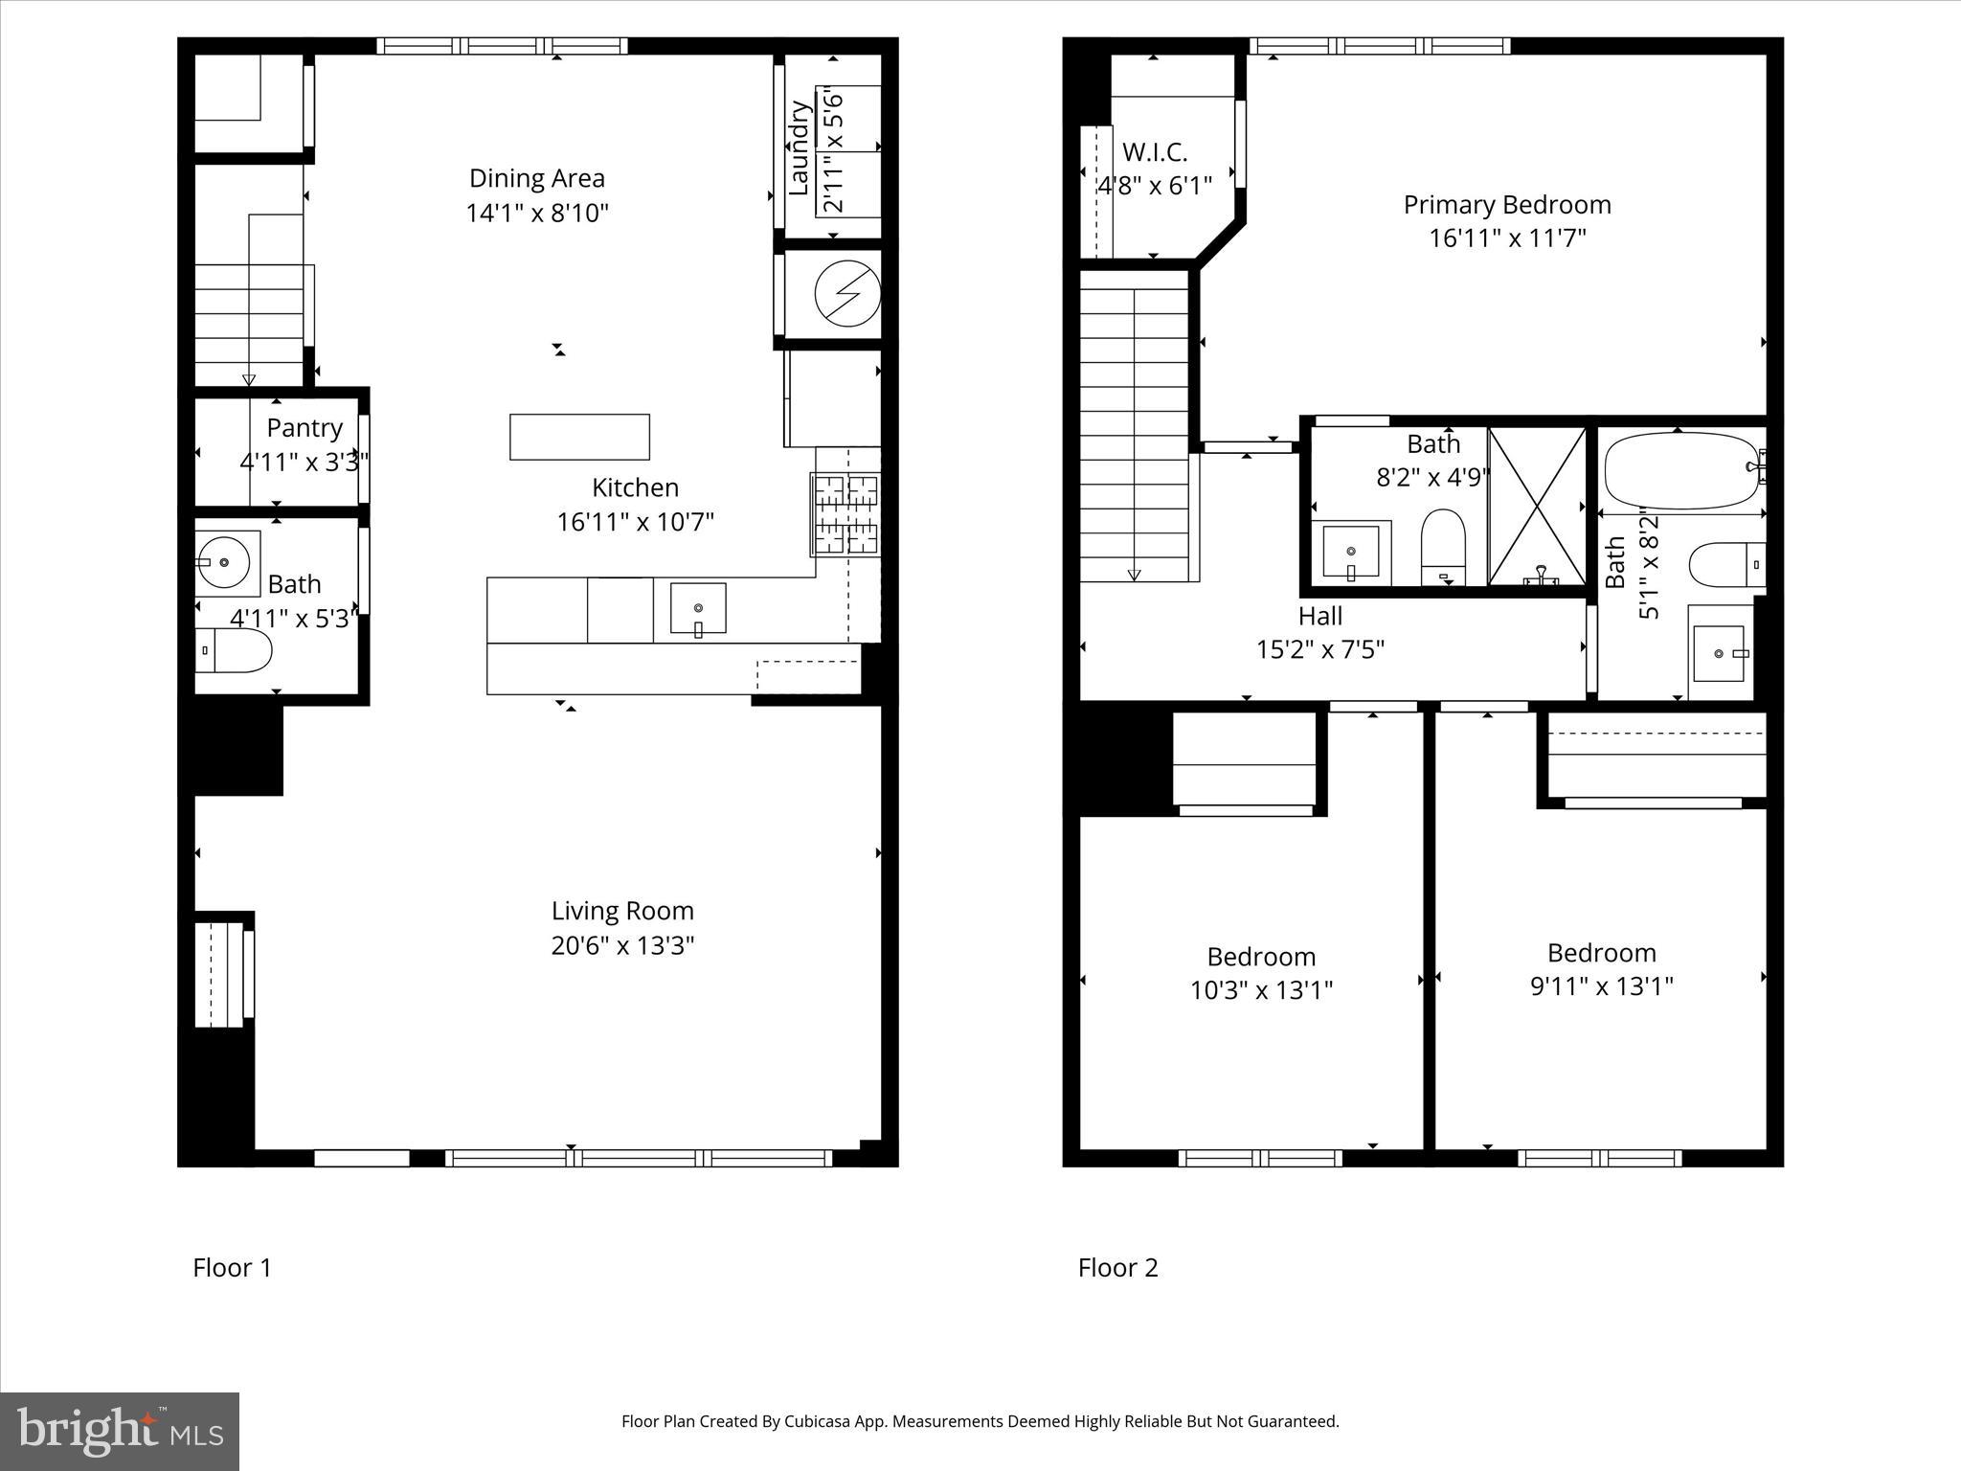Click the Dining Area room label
[x=536, y=178]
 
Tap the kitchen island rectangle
[x=579, y=437]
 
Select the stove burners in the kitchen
[x=846, y=515]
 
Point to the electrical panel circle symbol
[x=846, y=294]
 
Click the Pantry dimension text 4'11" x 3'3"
[x=304, y=463]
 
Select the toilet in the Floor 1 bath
[x=236, y=651]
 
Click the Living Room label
[x=622, y=911]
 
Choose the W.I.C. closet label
[x=1155, y=152]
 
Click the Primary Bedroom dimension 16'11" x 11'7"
[x=1507, y=238]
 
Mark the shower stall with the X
[x=1538, y=508]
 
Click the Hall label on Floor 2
[x=1320, y=616]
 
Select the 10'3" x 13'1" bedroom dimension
[x=1261, y=990]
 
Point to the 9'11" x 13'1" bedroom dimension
[x=1601, y=986]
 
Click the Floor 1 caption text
[x=233, y=1268]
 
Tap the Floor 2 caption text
[x=1117, y=1268]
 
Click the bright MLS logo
[x=120, y=1431]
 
